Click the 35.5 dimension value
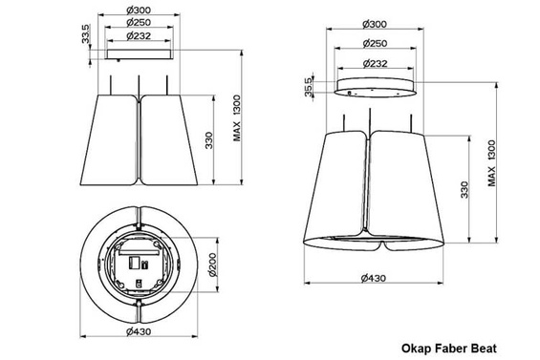[308, 85]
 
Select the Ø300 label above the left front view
[140, 11]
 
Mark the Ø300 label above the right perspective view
[374, 22]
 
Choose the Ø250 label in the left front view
[140, 22]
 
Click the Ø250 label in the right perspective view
[374, 43]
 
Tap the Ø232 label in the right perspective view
[374, 63]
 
